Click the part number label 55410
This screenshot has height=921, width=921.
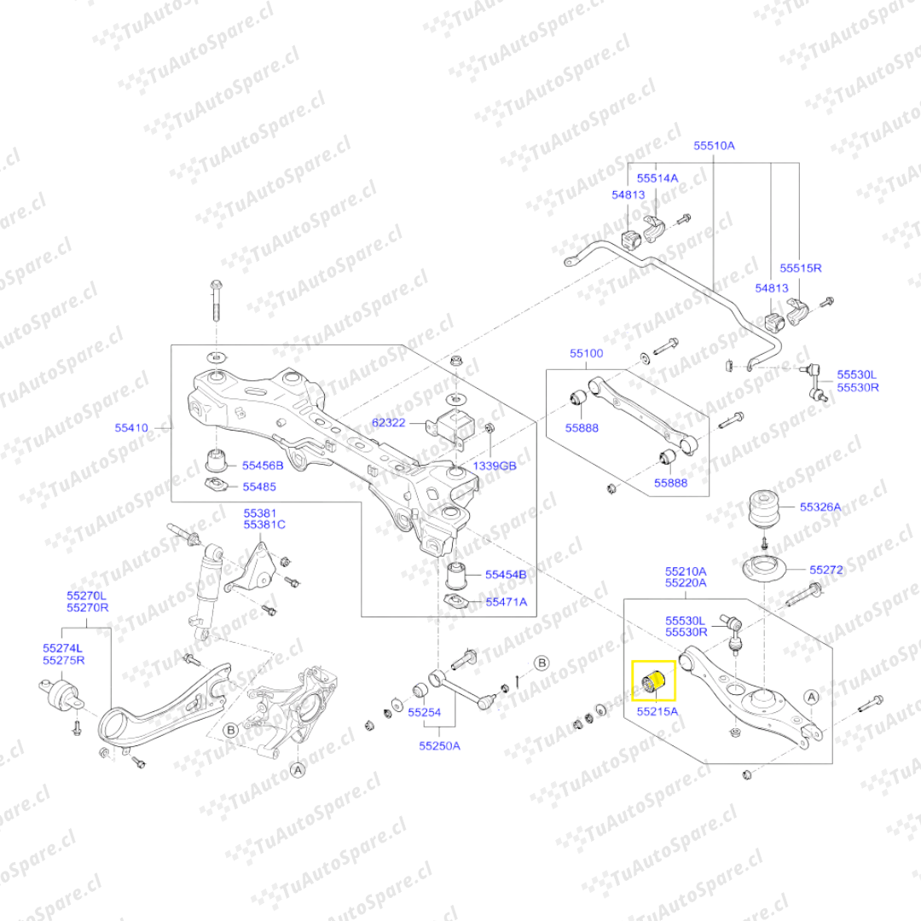132,427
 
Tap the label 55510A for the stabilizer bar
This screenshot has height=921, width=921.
714,146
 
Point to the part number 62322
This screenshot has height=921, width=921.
389,421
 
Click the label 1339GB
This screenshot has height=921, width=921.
495,466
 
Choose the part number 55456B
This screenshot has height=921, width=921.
264,466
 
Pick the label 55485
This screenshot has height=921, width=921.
259,487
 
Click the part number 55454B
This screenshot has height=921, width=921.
507,574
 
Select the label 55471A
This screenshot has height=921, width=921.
507,601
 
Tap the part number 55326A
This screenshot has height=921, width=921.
820,507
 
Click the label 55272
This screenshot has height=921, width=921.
825,569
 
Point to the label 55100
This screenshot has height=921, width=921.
587,352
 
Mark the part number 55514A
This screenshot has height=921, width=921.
657,178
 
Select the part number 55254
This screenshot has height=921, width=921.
424,711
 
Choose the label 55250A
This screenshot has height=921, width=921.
439,745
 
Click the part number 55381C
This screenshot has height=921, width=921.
264,524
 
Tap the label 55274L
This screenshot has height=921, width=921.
64,647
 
